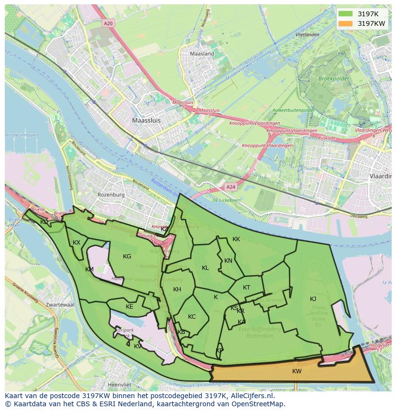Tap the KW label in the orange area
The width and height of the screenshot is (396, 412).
click(297, 371)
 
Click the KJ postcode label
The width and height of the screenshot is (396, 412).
click(313, 299)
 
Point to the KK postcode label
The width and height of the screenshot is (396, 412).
click(236, 239)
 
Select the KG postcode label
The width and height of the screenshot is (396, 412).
click(127, 256)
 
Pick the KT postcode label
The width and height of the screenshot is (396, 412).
click(246, 288)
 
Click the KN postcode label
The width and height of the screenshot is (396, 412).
click(228, 261)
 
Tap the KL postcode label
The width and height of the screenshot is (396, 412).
click(205, 268)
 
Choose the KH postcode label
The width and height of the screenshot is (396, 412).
click(177, 290)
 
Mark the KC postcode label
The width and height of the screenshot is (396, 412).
click(192, 317)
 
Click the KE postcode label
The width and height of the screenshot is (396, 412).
click(129, 307)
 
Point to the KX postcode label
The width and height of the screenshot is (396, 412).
click(77, 243)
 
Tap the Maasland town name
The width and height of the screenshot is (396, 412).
click(202, 54)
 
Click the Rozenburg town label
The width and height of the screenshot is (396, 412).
click(111, 195)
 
